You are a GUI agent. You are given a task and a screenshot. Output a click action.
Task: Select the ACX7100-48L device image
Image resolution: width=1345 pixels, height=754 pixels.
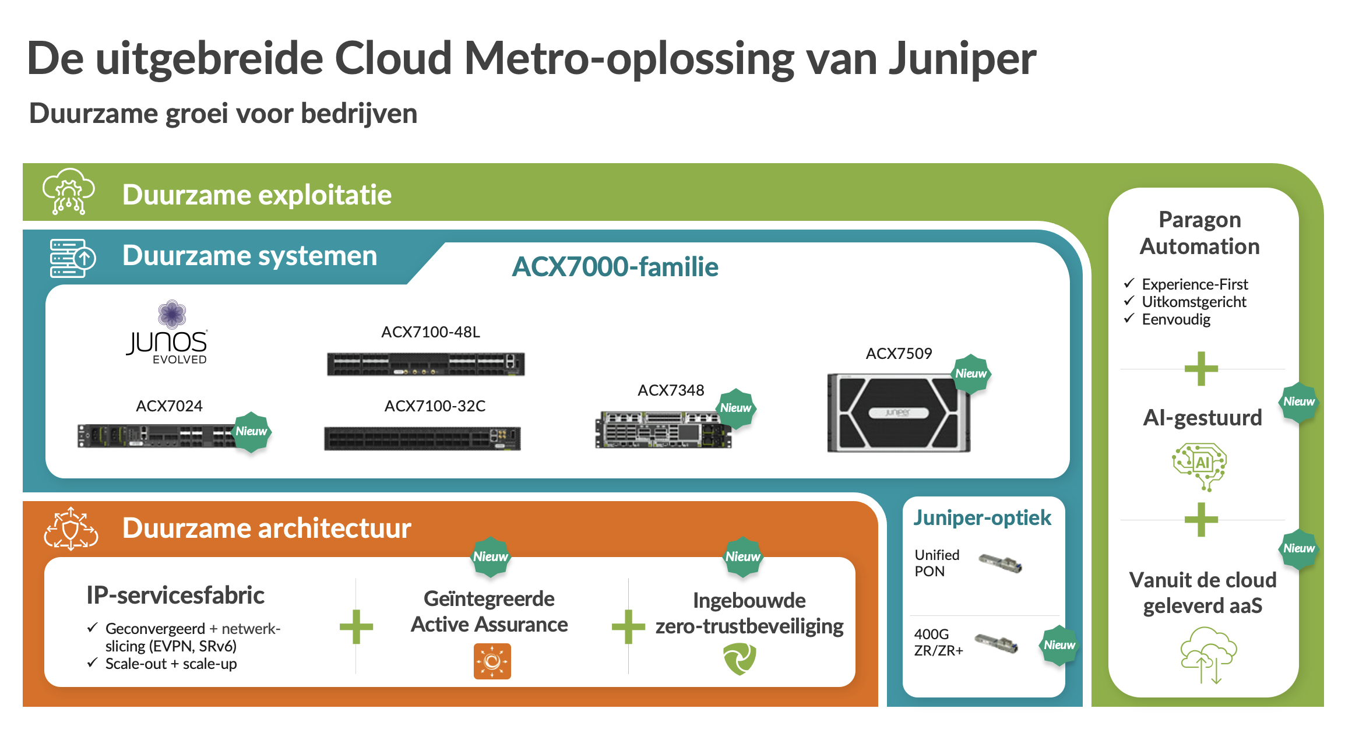coord(425,364)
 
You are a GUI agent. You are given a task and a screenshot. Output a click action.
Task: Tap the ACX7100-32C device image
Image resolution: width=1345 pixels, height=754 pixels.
coord(422,438)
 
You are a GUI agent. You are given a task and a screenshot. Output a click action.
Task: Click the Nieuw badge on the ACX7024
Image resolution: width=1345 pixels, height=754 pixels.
coord(251,432)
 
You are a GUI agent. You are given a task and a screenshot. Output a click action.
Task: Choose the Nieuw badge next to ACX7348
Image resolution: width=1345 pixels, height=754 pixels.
coord(735,408)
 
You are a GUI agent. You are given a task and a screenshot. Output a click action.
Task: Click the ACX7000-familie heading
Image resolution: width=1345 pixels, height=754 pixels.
coord(615,267)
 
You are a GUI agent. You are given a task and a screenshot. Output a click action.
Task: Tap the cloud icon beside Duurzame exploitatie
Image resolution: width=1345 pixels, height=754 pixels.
coord(69,192)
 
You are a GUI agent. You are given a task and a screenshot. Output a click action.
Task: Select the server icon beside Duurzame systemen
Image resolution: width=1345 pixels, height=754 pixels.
coord(72,258)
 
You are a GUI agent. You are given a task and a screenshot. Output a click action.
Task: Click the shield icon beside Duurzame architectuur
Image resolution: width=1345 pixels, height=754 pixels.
coord(71,528)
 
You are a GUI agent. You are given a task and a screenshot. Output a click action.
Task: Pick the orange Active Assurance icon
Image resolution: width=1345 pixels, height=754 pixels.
coord(492,661)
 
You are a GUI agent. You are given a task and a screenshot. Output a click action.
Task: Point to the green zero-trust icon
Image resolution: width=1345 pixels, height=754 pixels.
coord(740,659)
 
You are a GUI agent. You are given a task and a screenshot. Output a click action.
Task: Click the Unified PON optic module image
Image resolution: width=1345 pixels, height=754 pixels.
coord(999,563)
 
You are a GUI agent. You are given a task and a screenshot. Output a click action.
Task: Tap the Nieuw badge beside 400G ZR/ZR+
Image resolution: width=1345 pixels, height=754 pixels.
coord(1059,646)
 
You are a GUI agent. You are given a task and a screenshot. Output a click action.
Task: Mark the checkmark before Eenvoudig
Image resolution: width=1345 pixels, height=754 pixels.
coord(1129,319)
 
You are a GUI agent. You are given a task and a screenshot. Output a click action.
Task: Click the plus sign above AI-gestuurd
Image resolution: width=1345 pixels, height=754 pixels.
coord(1201,369)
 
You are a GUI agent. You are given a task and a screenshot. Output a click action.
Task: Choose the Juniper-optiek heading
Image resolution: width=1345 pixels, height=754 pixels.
coord(982,517)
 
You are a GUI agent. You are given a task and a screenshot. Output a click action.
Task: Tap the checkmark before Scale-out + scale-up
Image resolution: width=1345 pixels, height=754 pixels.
coord(92,663)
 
